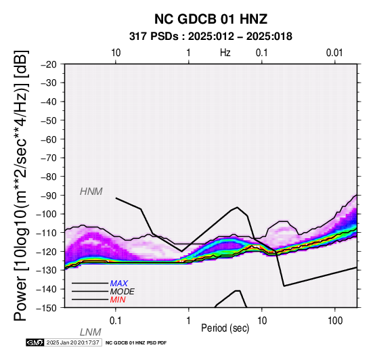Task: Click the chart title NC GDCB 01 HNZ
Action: tap(211, 19)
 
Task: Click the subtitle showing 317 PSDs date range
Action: tap(211, 37)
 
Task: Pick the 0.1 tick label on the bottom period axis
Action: tap(116, 321)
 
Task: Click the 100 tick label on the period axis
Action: tap(335, 321)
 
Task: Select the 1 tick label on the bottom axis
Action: tap(189, 321)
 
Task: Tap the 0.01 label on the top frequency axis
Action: tap(334, 53)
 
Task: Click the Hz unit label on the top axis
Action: tap(225, 53)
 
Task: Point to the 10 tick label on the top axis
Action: tap(116, 53)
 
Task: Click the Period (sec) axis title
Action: tap(225, 328)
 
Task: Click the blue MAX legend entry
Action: tap(119, 284)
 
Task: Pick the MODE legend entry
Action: tap(123, 292)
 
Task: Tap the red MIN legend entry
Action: tap(118, 300)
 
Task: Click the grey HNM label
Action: tap(91, 192)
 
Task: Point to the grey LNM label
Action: tap(91, 332)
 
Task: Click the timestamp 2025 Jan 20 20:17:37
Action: tap(72, 342)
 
